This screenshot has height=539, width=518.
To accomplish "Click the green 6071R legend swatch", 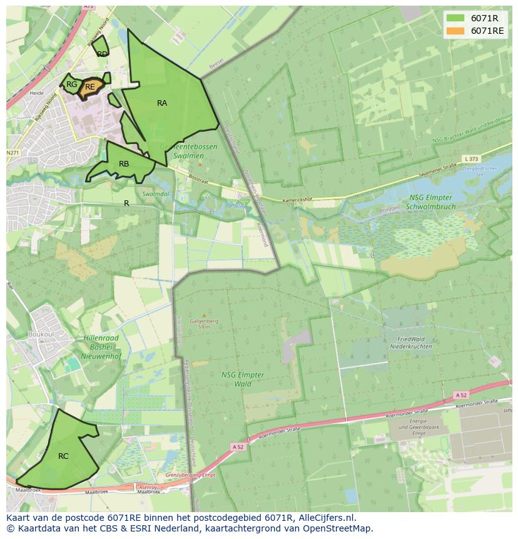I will pyautogui.click(x=455, y=18).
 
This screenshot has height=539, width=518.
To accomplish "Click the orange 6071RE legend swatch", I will pyautogui.click(x=455, y=31).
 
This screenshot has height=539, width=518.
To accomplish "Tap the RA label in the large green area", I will pyautogui.click(x=162, y=103).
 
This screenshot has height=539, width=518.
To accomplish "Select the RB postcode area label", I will pyautogui.click(x=124, y=164).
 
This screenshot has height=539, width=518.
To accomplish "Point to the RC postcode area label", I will pyautogui.click(x=63, y=456).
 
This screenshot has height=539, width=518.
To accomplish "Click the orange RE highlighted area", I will pyautogui.click(x=90, y=87).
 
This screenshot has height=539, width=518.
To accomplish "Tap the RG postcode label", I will pyautogui.click(x=72, y=85).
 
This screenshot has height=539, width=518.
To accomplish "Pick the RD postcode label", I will pyautogui.click(x=102, y=54).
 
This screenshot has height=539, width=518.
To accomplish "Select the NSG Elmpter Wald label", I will pyautogui.click(x=243, y=379).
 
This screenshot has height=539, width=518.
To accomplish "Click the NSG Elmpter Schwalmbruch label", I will pyautogui.click(x=432, y=202).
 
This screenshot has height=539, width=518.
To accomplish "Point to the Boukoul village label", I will pyautogui.click(x=41, y=334).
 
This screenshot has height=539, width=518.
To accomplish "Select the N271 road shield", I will pyautogui.click(x=13, y=153).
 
